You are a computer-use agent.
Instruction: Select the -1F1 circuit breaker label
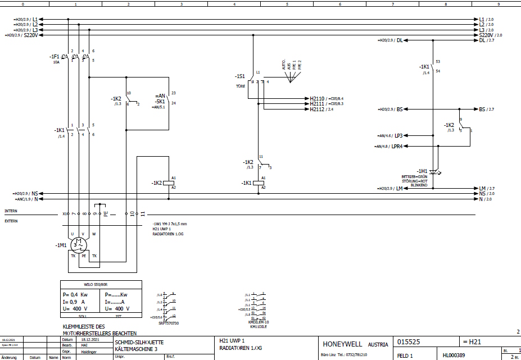[x=54, y=57]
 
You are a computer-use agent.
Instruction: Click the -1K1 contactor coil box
[x=259, y=183]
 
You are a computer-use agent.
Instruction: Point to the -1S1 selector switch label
[x=240, y=76]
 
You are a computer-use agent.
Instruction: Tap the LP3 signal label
[x=399, y=135]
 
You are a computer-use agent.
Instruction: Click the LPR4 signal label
[x=400, y=146]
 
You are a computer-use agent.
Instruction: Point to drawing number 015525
[x=409, y=341]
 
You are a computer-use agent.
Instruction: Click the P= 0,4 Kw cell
[x=75, y=294]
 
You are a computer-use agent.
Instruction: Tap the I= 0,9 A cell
[x=75, y=301]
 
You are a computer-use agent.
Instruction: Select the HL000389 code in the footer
[x=454, y=356]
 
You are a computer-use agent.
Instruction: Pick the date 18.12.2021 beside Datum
[x=89, y=340]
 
